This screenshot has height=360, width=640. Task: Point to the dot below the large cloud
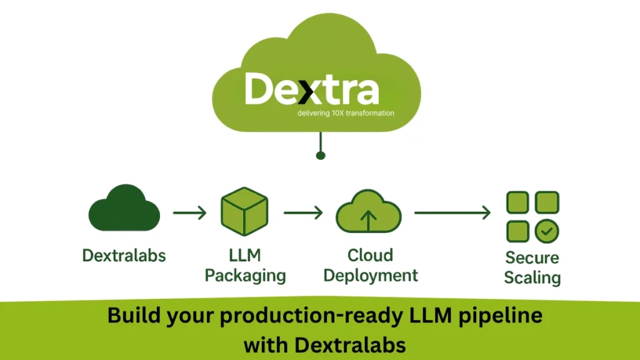[x=320, y=155]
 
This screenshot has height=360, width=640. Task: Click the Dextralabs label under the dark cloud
[x=124, y=255]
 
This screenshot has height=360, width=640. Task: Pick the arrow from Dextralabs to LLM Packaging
[x=189, y=213]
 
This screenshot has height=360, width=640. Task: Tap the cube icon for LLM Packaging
[x=244, y=211]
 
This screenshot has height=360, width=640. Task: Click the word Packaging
[x=246, y=276]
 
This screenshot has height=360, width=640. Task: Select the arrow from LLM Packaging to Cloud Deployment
[x=303, y=213]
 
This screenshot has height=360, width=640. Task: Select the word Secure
[x=532, y=257]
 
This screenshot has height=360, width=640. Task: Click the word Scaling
[x=532, y=277]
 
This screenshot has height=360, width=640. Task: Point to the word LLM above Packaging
[x=245, y=255]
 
